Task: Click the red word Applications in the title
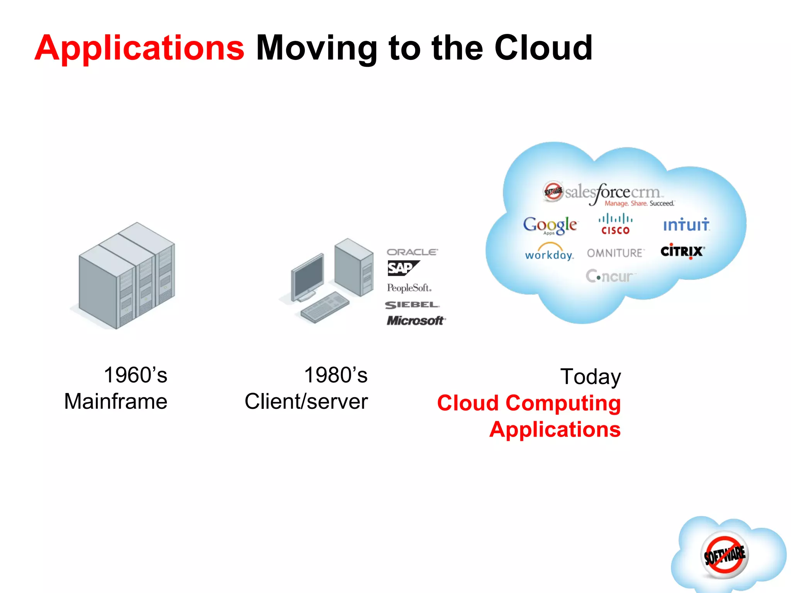pos(139,48)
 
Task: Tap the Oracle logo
pos(412,252)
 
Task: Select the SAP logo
pos(402,268)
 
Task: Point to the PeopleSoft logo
pos(409,288)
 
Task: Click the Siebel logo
pos(412,305)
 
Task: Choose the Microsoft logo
pos(416,321)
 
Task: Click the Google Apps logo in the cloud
pos(550,225)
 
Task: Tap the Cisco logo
pos(615,224)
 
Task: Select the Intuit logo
pos(686,225)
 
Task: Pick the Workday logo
pos(549,252)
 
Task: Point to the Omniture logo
pos(615,253)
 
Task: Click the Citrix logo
pos(682,251)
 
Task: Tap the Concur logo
pos(610,276)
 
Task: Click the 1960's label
pos(136,375)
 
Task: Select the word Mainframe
pos(116,402)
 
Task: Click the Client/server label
pos(306,402)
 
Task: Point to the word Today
pos(591,377)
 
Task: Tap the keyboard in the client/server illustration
pos(325,307)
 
